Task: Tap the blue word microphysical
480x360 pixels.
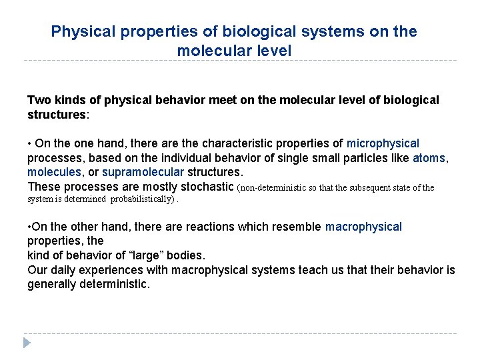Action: click(x=383, y=143)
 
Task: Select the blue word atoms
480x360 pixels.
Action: click(x=430, y=158)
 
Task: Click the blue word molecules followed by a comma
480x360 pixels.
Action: click(x=57, y=173)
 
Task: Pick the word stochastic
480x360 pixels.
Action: click(x=207, y=187)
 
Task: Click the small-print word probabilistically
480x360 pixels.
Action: click(x=143, y=199)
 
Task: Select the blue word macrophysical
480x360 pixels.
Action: click(x=363, y=227)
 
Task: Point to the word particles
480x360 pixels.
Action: click(x=368, y=158)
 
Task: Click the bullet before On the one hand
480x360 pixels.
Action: click(x=30, y=144)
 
